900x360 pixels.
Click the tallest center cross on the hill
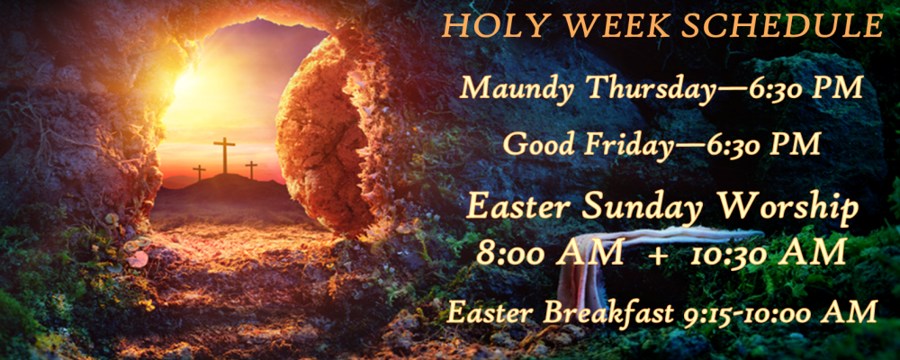click(224, 155)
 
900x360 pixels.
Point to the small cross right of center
click(251, 170)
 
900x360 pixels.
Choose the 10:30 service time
click(769, 253)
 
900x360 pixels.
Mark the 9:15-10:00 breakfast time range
click(781, 313)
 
